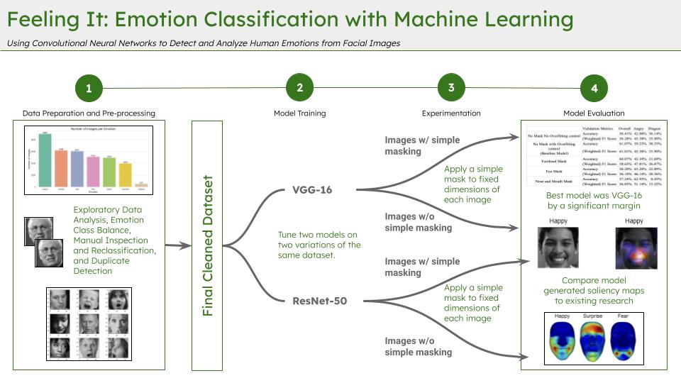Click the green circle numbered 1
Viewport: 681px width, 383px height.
89,89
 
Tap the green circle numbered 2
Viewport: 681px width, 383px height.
300,88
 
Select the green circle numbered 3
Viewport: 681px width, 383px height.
451,88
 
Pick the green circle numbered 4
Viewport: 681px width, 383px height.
594,89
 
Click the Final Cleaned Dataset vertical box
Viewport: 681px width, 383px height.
207,245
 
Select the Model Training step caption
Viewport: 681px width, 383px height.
300,113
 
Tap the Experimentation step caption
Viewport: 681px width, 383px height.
451,113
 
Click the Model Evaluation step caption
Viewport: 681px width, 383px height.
594,113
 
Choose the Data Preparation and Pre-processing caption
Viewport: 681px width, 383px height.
89,113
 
